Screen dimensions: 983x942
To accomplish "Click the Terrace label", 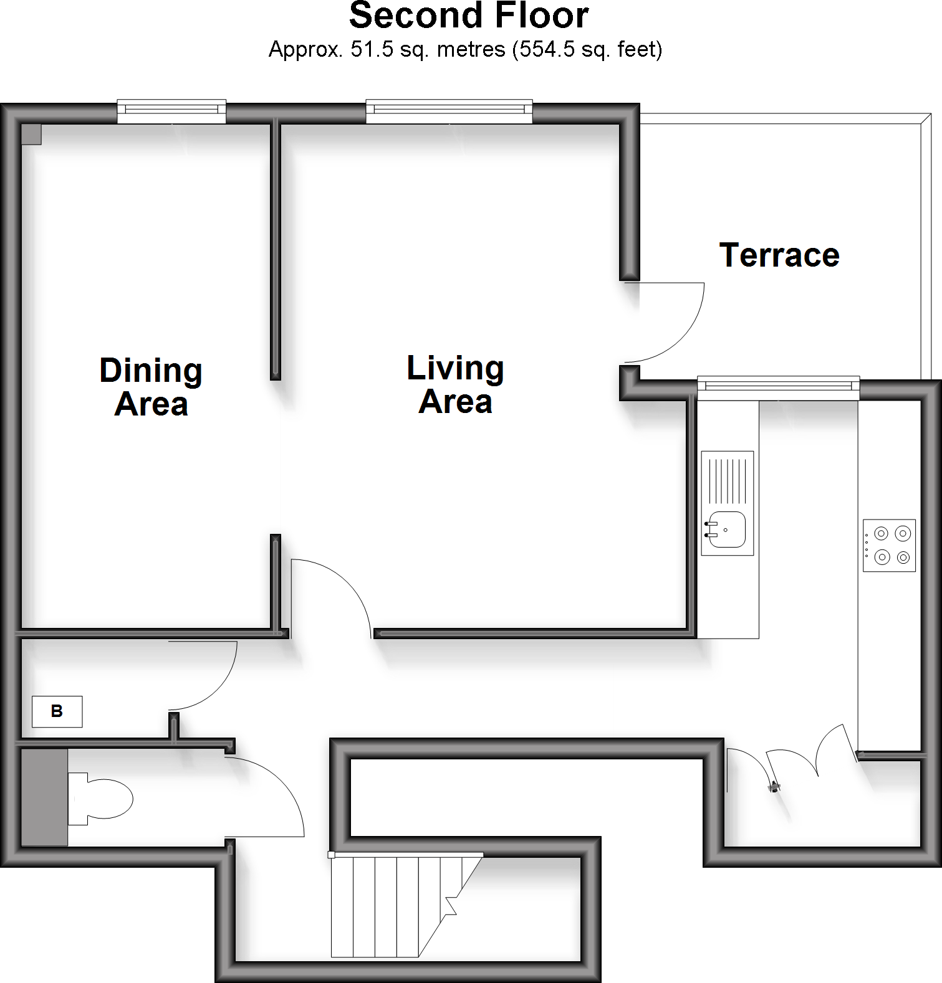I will pos(779,255).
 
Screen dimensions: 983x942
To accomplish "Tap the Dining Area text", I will pos(151,387).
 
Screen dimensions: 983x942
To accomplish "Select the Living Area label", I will pos(455,384).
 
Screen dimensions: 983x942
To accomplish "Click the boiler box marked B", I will pos(57,711).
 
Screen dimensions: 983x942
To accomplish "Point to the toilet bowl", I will pos(106,799).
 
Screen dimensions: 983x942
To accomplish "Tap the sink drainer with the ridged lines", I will pos(728,481).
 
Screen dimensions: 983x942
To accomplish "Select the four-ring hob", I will pos(890,545).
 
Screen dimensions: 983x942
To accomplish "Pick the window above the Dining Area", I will pos(171,111).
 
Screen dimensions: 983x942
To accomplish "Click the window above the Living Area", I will pos(449,110).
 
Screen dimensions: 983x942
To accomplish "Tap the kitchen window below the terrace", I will pos(778,387).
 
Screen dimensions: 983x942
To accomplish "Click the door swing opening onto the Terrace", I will pos(670,324).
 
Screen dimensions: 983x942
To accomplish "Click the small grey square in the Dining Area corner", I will pos(31,134).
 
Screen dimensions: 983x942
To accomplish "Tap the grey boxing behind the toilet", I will pos(44,797).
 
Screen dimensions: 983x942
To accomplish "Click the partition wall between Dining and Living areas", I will pos(275,249).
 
